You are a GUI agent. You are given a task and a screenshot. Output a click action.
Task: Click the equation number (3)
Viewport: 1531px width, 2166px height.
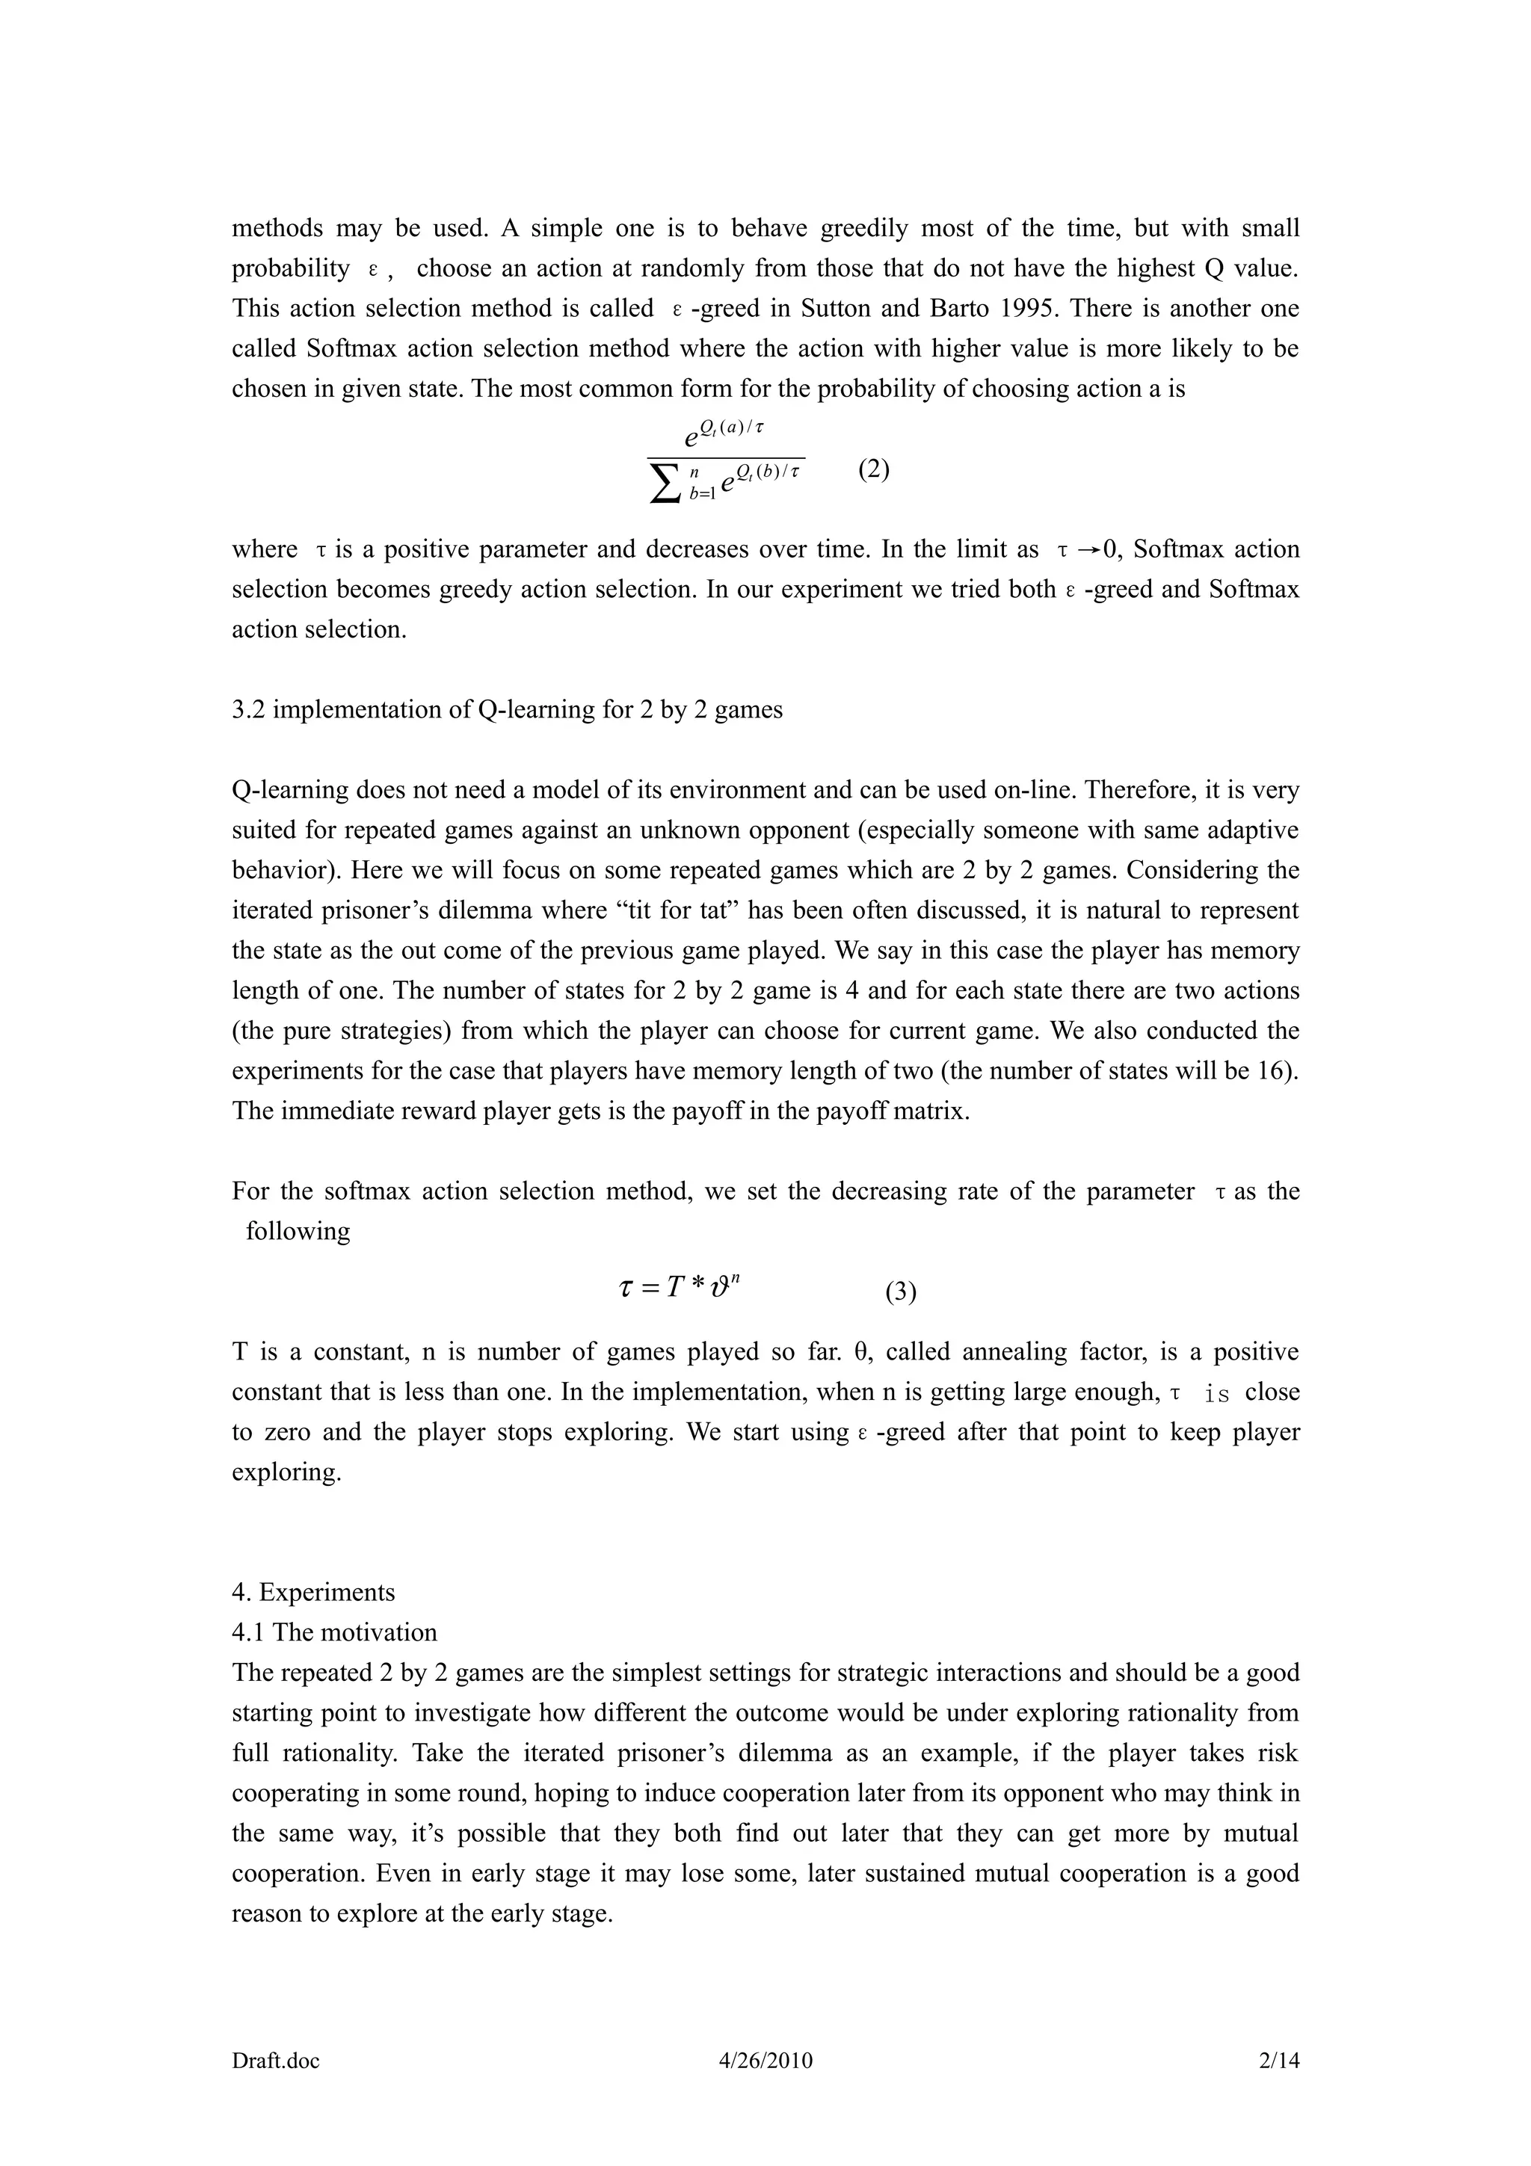(x=900, y=1292)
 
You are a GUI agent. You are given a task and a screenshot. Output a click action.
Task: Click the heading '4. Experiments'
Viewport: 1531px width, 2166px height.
(x=313, y=1593)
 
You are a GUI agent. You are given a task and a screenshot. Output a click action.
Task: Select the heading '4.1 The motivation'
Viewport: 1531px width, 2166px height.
(x=335, y=1633)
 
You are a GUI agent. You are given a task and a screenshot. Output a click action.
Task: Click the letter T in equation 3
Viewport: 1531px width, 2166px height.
(x=674, y=1288)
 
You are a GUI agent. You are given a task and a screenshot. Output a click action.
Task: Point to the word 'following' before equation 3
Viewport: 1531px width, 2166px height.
(x=298, y=1231)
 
